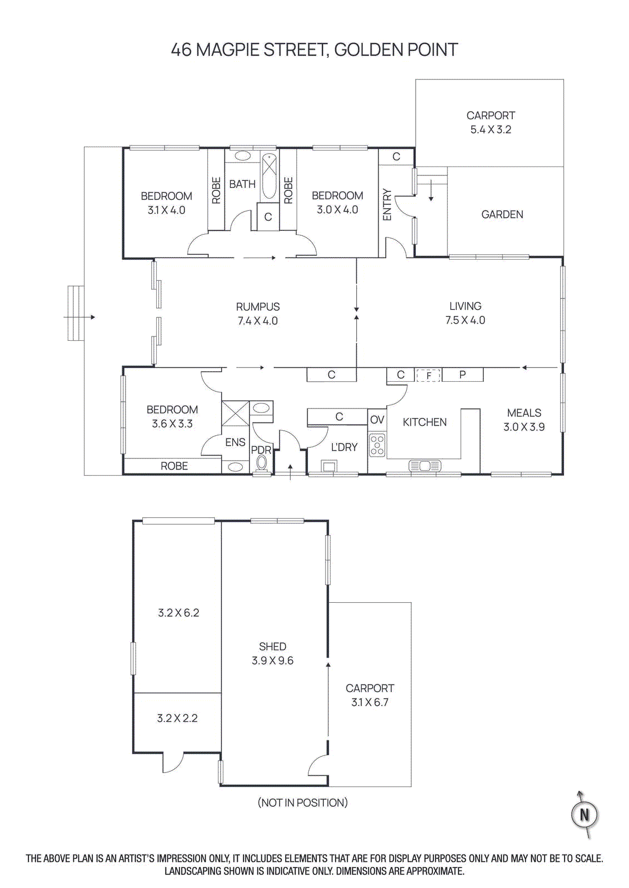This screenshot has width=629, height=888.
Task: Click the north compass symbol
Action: point(584,814)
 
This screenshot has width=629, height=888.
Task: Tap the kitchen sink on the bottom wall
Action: point(425,466)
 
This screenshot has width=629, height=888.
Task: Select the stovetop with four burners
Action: point(377,445)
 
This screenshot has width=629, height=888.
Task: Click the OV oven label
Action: point(377,420)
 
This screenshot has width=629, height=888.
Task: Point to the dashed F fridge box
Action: point(428,375)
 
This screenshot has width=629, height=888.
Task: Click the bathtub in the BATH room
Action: point(269,176)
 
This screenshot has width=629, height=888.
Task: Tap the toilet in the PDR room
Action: point(262,463)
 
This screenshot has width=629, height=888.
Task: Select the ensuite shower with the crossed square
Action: point(235,413)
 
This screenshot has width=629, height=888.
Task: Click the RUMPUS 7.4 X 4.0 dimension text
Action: point(257,321)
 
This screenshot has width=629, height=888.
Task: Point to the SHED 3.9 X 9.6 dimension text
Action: point(272,660)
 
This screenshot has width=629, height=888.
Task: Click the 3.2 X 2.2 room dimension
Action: point(177,718)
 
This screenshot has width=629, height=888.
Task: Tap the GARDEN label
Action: point(502,214)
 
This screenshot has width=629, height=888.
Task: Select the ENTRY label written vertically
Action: point(387,205)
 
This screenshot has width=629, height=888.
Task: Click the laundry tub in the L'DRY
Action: point(329,466)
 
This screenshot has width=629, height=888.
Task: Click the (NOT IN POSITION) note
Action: point(302,803)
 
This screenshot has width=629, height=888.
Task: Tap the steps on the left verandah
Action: point(76,313)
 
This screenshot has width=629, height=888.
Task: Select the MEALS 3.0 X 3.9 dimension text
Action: point(524,427)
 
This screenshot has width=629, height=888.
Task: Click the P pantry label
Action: point(462,375)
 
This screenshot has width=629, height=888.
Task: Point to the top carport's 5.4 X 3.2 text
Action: point(491,129)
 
